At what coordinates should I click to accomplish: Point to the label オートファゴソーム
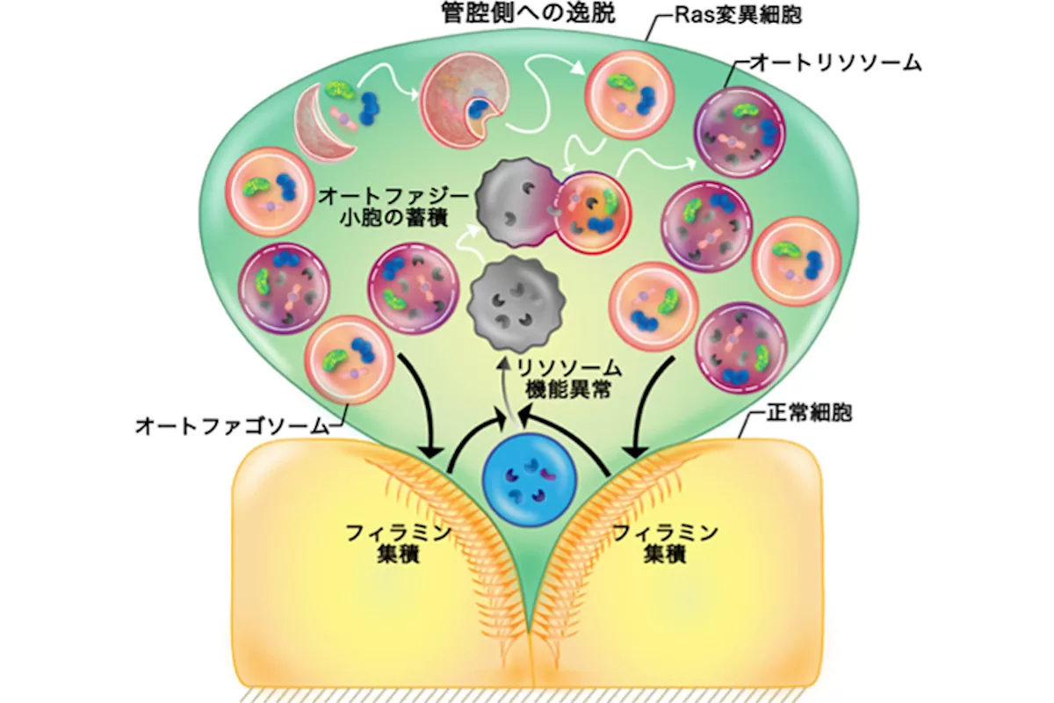[231, 427]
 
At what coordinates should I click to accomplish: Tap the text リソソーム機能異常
[572, 379]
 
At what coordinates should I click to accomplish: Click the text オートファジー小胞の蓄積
[396, 204]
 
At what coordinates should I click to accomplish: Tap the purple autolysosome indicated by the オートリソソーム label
[737, 131]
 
